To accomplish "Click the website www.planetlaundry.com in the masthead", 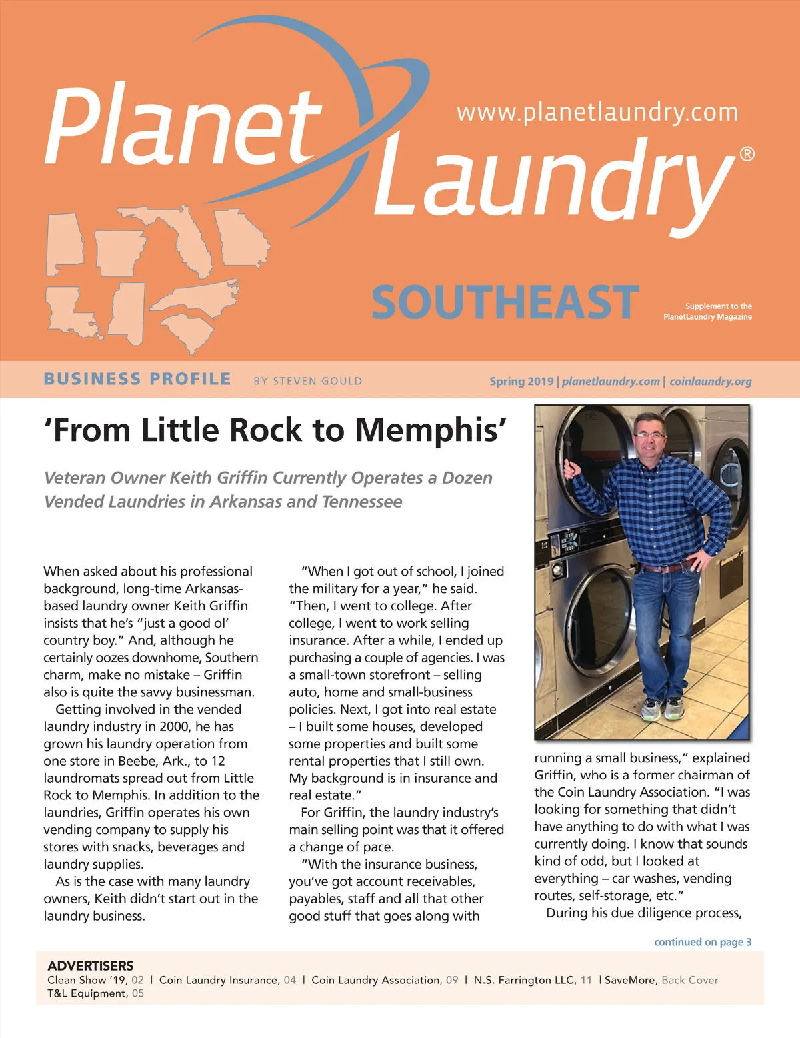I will [597, 112].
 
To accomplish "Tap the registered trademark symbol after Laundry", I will [747, 155].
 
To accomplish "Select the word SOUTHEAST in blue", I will [505, 302].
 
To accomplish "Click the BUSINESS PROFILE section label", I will [137, 380].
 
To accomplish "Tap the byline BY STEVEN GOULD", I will [307, 381].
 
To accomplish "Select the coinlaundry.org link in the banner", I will [711, 381].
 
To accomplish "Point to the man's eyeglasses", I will [650, 436].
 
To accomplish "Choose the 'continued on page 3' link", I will [703, 942].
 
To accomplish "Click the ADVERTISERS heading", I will [91, 965].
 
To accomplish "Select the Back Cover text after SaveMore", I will [690, 980].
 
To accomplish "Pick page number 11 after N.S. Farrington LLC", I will [586, 980].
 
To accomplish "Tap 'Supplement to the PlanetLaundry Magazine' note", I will [708, 312].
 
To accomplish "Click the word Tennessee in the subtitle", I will [363, 502].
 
